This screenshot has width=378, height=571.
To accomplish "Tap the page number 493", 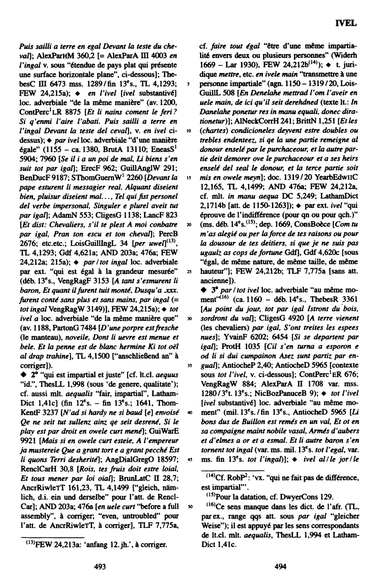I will click(x=100, y=566).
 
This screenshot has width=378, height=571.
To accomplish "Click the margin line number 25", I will click(x=189, y=272).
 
